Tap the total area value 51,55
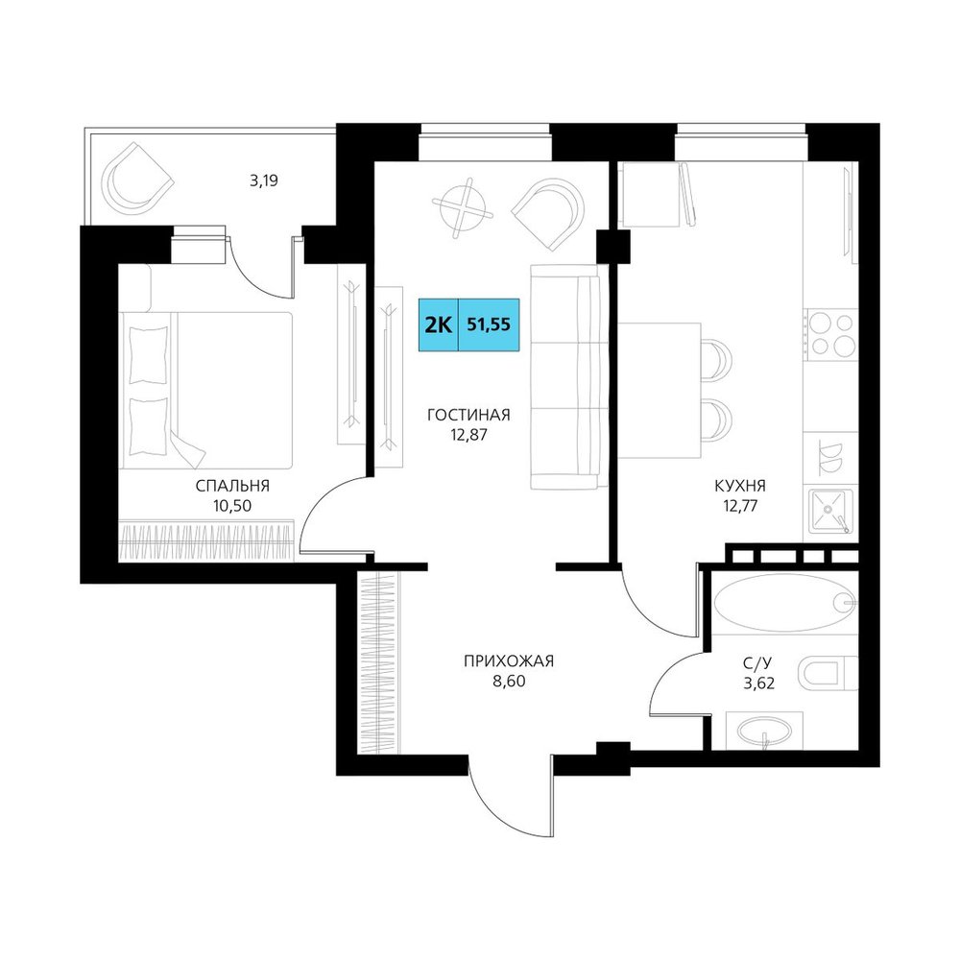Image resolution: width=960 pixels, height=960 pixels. [489, 324]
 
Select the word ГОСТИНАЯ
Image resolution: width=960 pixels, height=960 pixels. [469, 415]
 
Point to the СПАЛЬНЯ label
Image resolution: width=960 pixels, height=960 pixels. [232, 486]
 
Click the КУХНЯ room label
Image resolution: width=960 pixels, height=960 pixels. [740, 486]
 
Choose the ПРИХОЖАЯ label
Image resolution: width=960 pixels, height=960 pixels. [509, 661]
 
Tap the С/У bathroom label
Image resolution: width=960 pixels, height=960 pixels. [758, 662]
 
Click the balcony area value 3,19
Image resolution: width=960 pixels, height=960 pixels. [264, 181]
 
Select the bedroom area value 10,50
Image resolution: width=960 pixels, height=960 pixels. [232, 506]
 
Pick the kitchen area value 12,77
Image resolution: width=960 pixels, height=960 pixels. [740, 506]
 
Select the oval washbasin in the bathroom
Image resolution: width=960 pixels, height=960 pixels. [765, 731]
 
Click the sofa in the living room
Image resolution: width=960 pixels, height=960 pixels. [567, 376]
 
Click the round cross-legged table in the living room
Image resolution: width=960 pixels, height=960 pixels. [463, 207]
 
